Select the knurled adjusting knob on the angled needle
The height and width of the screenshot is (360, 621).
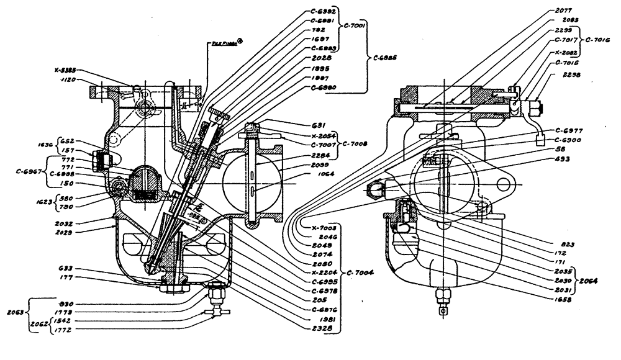pyautogui.click(x=219, y=114)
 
